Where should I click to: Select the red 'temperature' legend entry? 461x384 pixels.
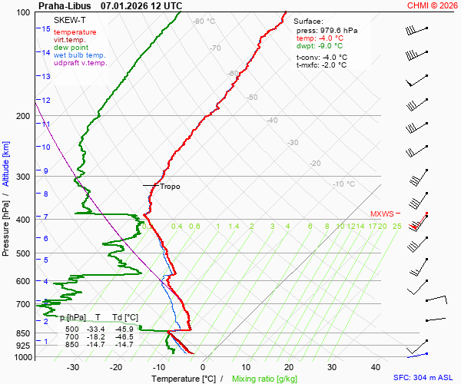pyautogui.click(x=75, y=32)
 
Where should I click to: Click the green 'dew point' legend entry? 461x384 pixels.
pyautogui.click(x=71, y=48)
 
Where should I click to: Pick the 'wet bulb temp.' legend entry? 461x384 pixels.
pyautogui.click(x=80, y=55)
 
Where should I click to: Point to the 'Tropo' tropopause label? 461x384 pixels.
pyautogui.click(x=170, y=186)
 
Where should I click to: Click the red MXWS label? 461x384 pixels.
pyautogui.click(x=382, y=214)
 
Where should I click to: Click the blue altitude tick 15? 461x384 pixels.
pyautogui.click(x=46, y=29)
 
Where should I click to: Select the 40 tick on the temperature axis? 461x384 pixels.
pyautogui.click(x=375, y=367)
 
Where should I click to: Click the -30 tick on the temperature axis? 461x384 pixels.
pyautogui.click(x=73, y=367)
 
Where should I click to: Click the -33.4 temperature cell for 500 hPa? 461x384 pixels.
pyautogui.click(x=99, y=329)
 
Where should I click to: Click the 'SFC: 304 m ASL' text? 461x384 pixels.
pyautogui.click(x=425, y=378)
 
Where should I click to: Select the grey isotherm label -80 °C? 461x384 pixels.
pyautogui.click(x=204, y=22)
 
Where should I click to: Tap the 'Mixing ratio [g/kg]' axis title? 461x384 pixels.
pyautogui.click(x=264, y=379)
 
